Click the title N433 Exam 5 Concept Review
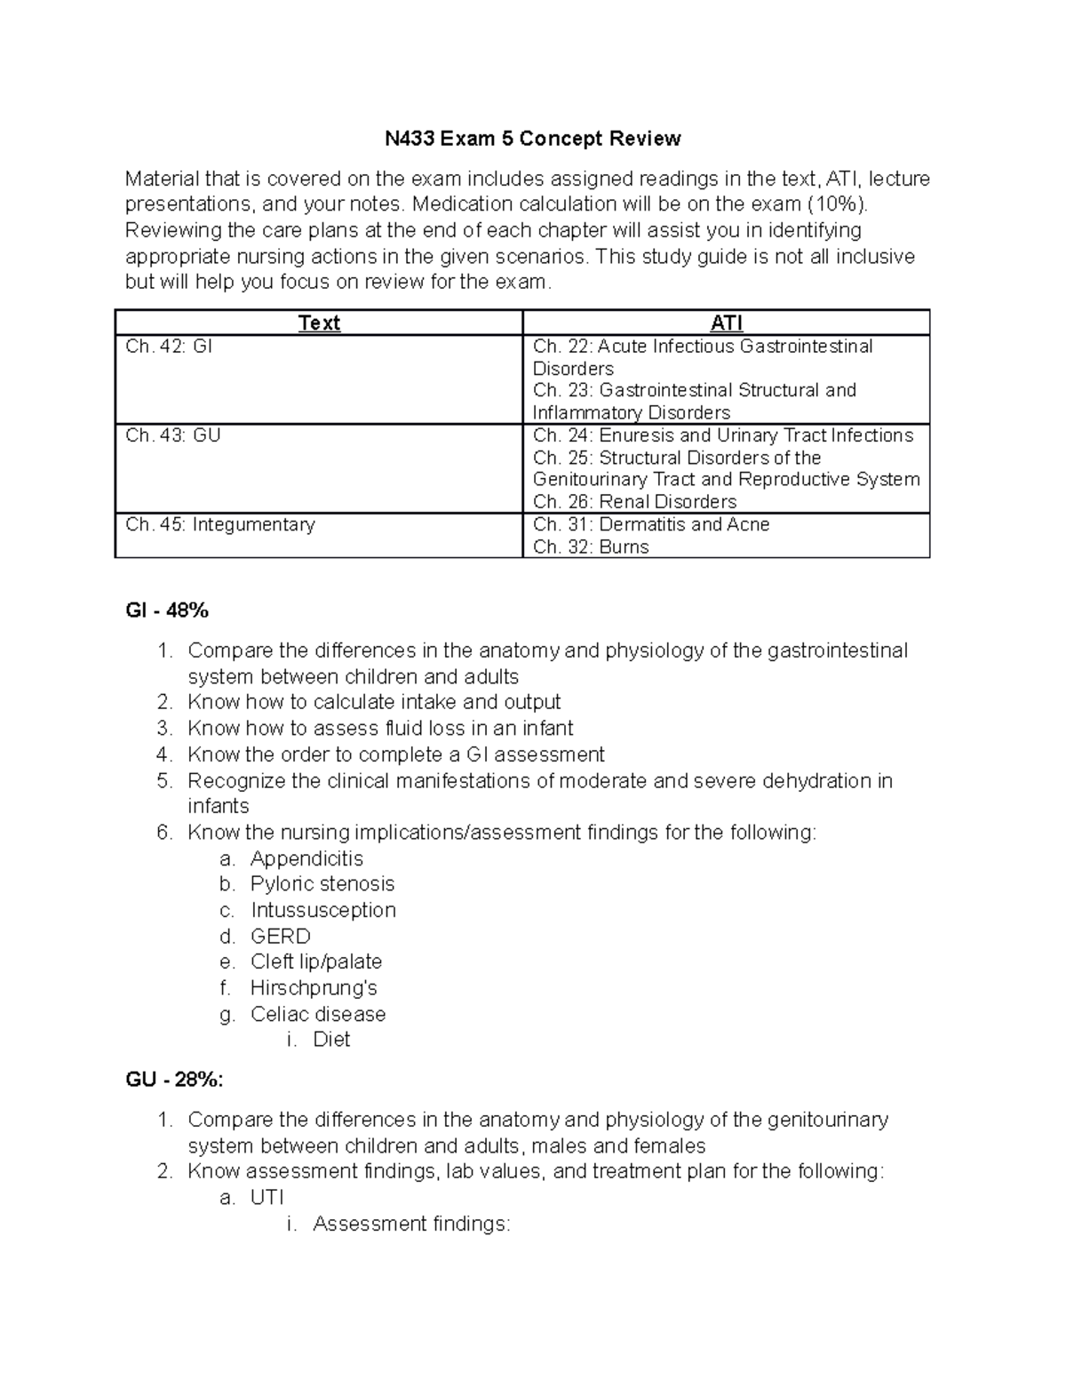(532, 139)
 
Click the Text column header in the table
(319, 323)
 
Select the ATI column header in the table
(727, 323)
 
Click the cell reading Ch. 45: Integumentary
(220, 524)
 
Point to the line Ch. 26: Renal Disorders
(634, 502)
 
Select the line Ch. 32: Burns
(591, 546)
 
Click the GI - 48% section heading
(167, 610)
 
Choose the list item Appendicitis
(306, 858)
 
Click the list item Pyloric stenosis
(322, 884)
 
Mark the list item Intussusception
(323, 910)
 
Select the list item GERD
(281, 937)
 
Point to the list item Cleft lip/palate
(316, 961)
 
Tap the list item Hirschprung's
(314, 988)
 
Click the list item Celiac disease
(318, 1014)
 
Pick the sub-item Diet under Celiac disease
(331, 1040)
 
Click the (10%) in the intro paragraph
(834, 204)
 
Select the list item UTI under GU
(266, 1197)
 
